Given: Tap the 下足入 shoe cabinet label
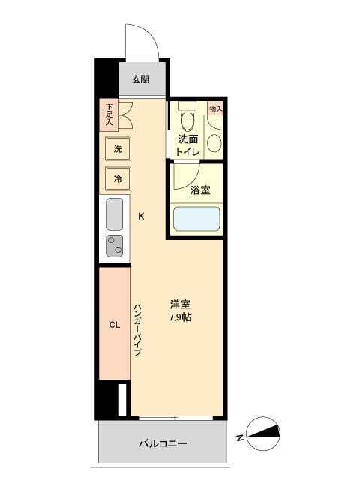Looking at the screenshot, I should tap(109, 115).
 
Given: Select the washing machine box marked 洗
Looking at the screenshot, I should tap(118, 148).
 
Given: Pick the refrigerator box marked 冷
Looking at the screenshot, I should tap(118, 178).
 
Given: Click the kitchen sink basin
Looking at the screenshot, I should tap(114, 215).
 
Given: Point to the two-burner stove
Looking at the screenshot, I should tap(114, 245).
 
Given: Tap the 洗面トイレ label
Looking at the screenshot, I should tap(187, 145).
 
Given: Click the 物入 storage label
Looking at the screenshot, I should tap(215, 109).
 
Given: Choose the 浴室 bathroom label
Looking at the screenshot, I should tap(199, 190).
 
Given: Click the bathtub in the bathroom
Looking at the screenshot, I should tap(196, 219).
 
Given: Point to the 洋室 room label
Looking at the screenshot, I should tap(180, 304).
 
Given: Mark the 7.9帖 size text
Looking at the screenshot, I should tap(180, 317).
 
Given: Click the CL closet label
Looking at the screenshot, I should tap(115, 325).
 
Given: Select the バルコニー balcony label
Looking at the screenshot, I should tap(163, 443).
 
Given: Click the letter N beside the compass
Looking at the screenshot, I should tap(238, 436).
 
